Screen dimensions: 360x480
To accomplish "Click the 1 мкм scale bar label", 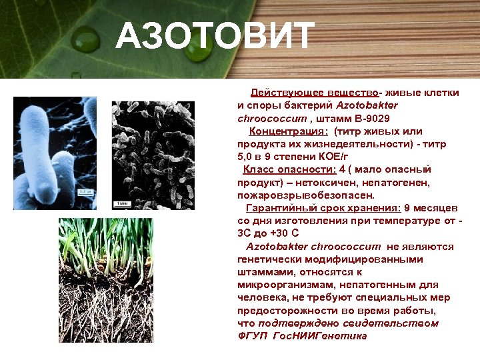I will coord(122,202).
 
